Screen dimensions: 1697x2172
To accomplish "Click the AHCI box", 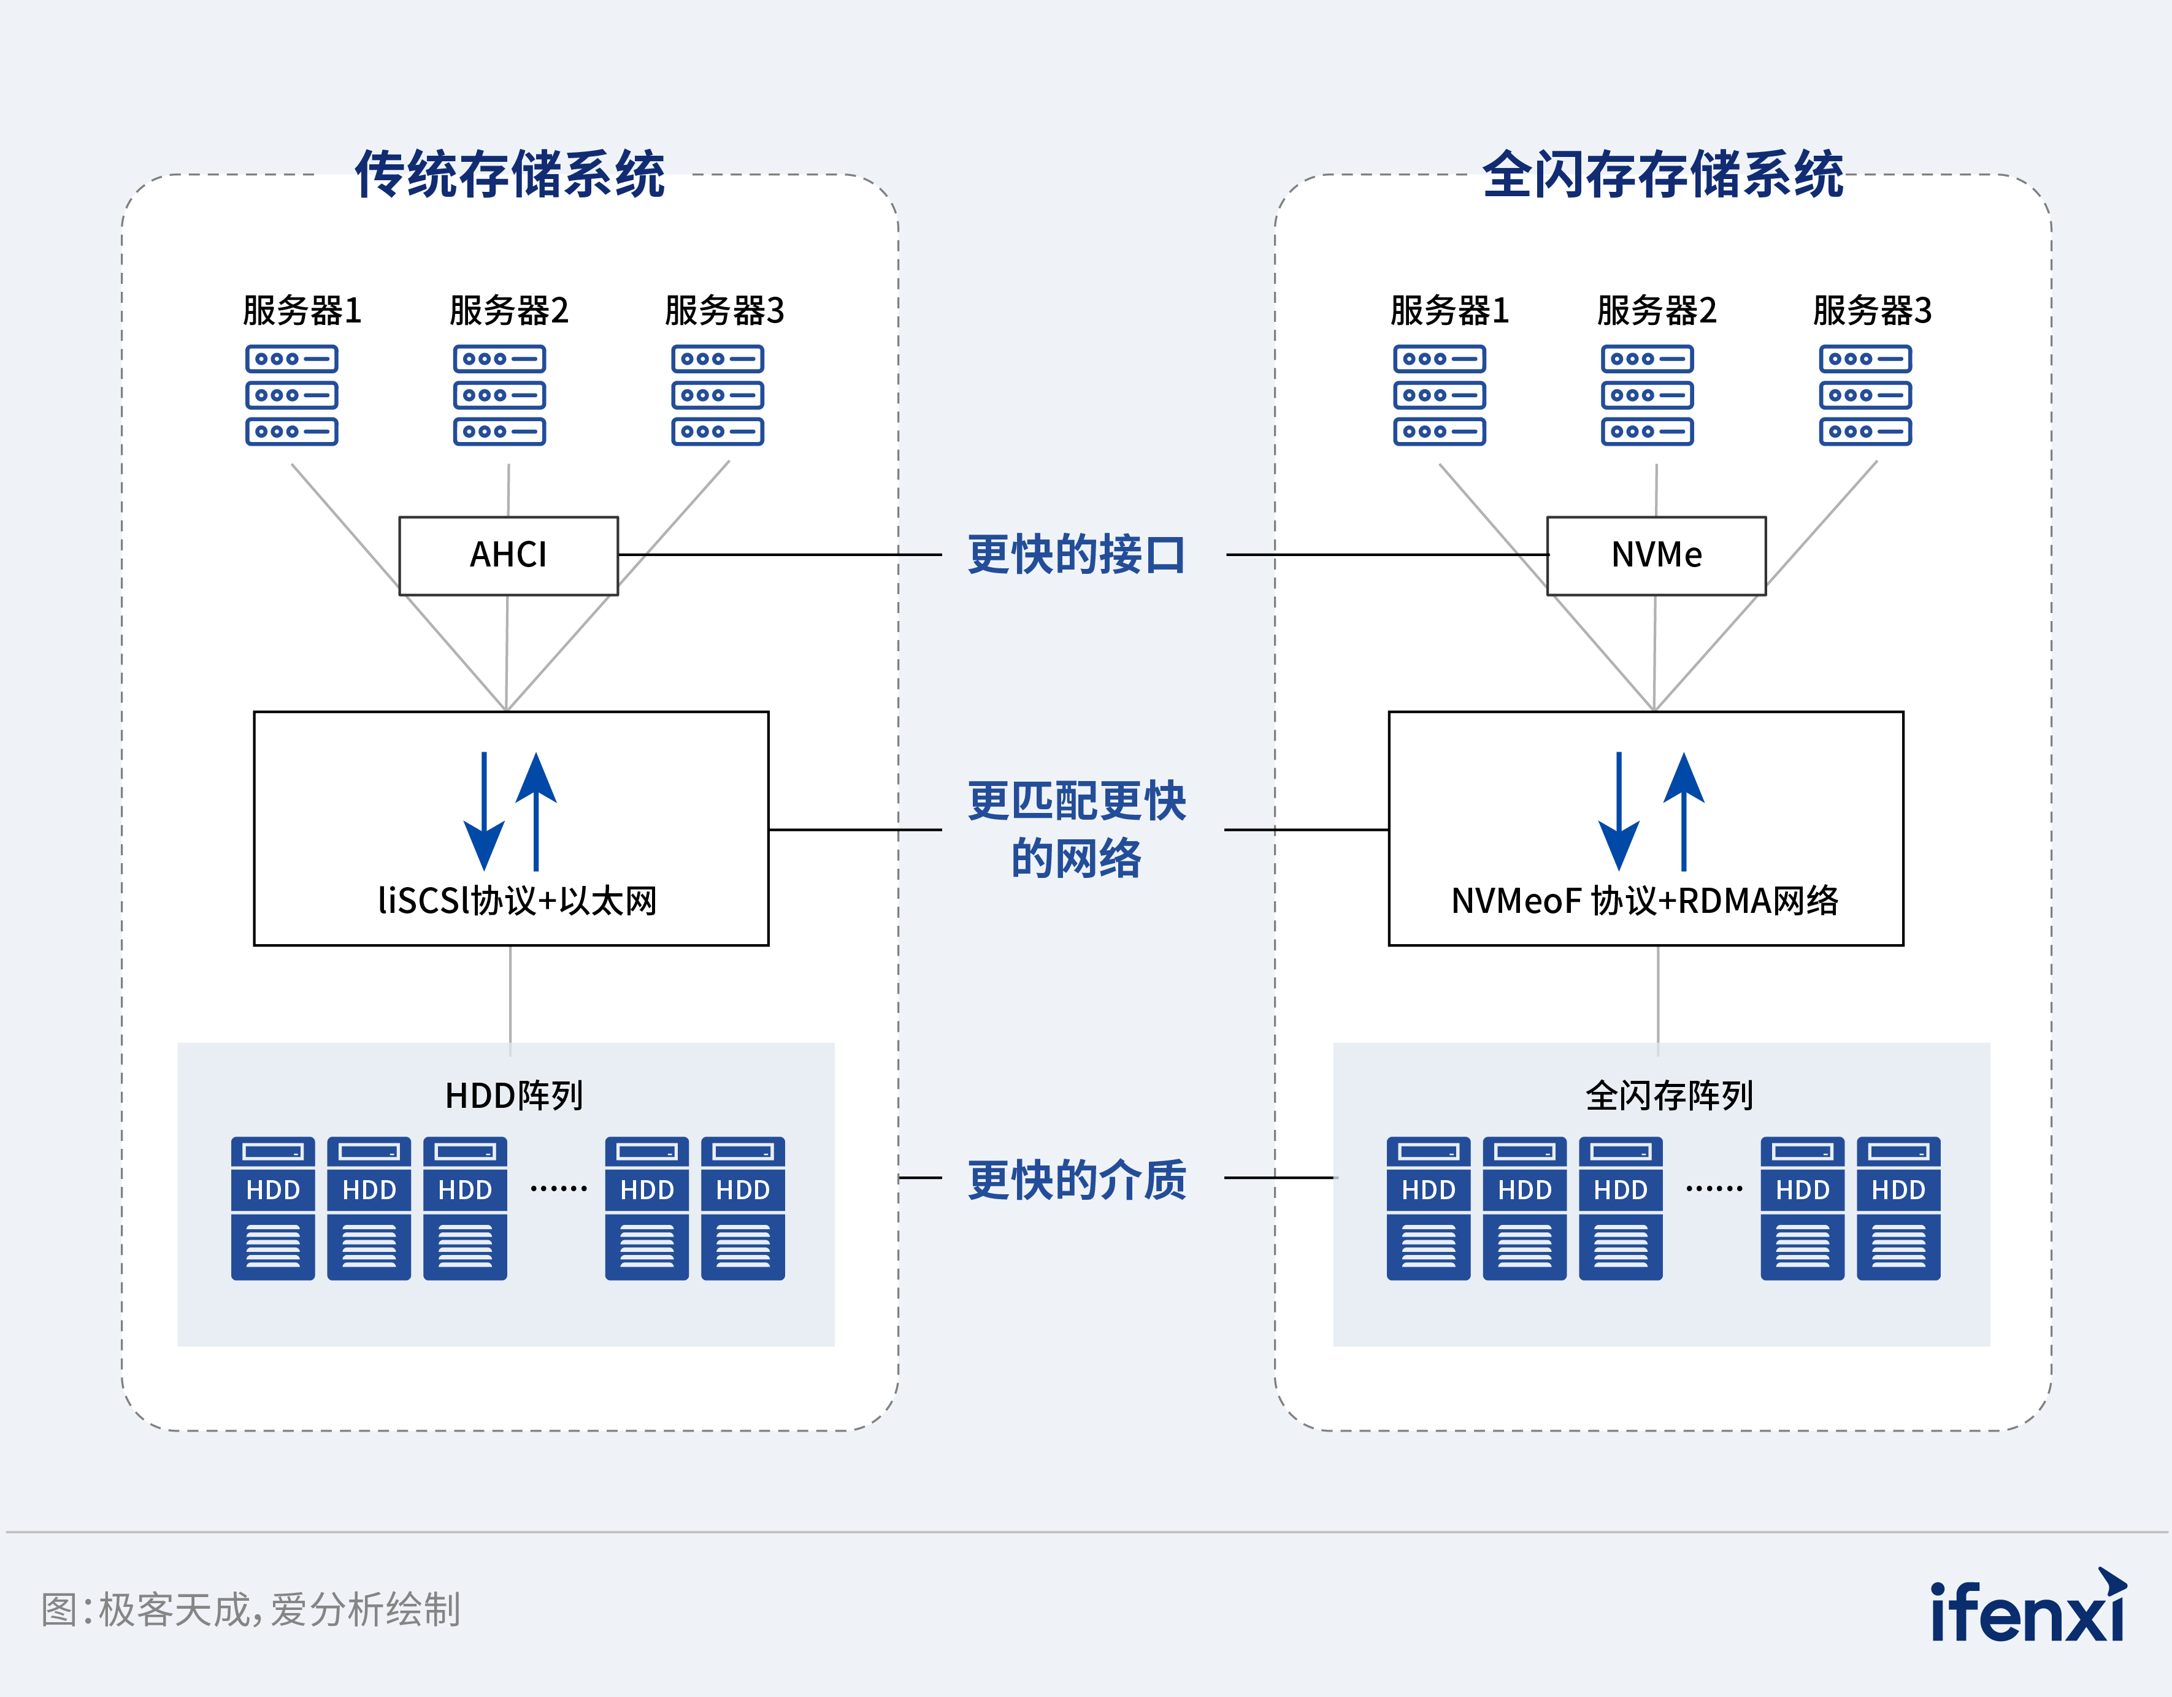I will (x=508, y=555).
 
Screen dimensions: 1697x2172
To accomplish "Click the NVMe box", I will (x=1656, y=555).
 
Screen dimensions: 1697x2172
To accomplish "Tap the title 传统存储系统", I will (x=509, y=175).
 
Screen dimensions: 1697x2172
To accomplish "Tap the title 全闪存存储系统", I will (x=1663, y=175).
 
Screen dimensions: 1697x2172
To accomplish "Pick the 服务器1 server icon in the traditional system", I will (x=291, y=395).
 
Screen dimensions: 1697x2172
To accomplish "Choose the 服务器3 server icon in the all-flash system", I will (x=1865, y=395).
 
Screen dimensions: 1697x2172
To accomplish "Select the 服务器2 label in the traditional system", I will (x=508, y=310).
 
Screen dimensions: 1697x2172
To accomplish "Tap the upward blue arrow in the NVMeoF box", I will (x=1684, y=811).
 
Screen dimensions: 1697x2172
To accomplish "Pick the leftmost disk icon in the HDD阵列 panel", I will (x=272, y=1208).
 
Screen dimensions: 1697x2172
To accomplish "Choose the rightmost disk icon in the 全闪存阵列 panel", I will (x=1898, y=1208).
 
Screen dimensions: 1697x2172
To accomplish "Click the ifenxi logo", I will (x=2027, y=1607).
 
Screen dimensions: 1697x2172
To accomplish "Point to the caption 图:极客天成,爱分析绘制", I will (x=251, y=1609).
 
